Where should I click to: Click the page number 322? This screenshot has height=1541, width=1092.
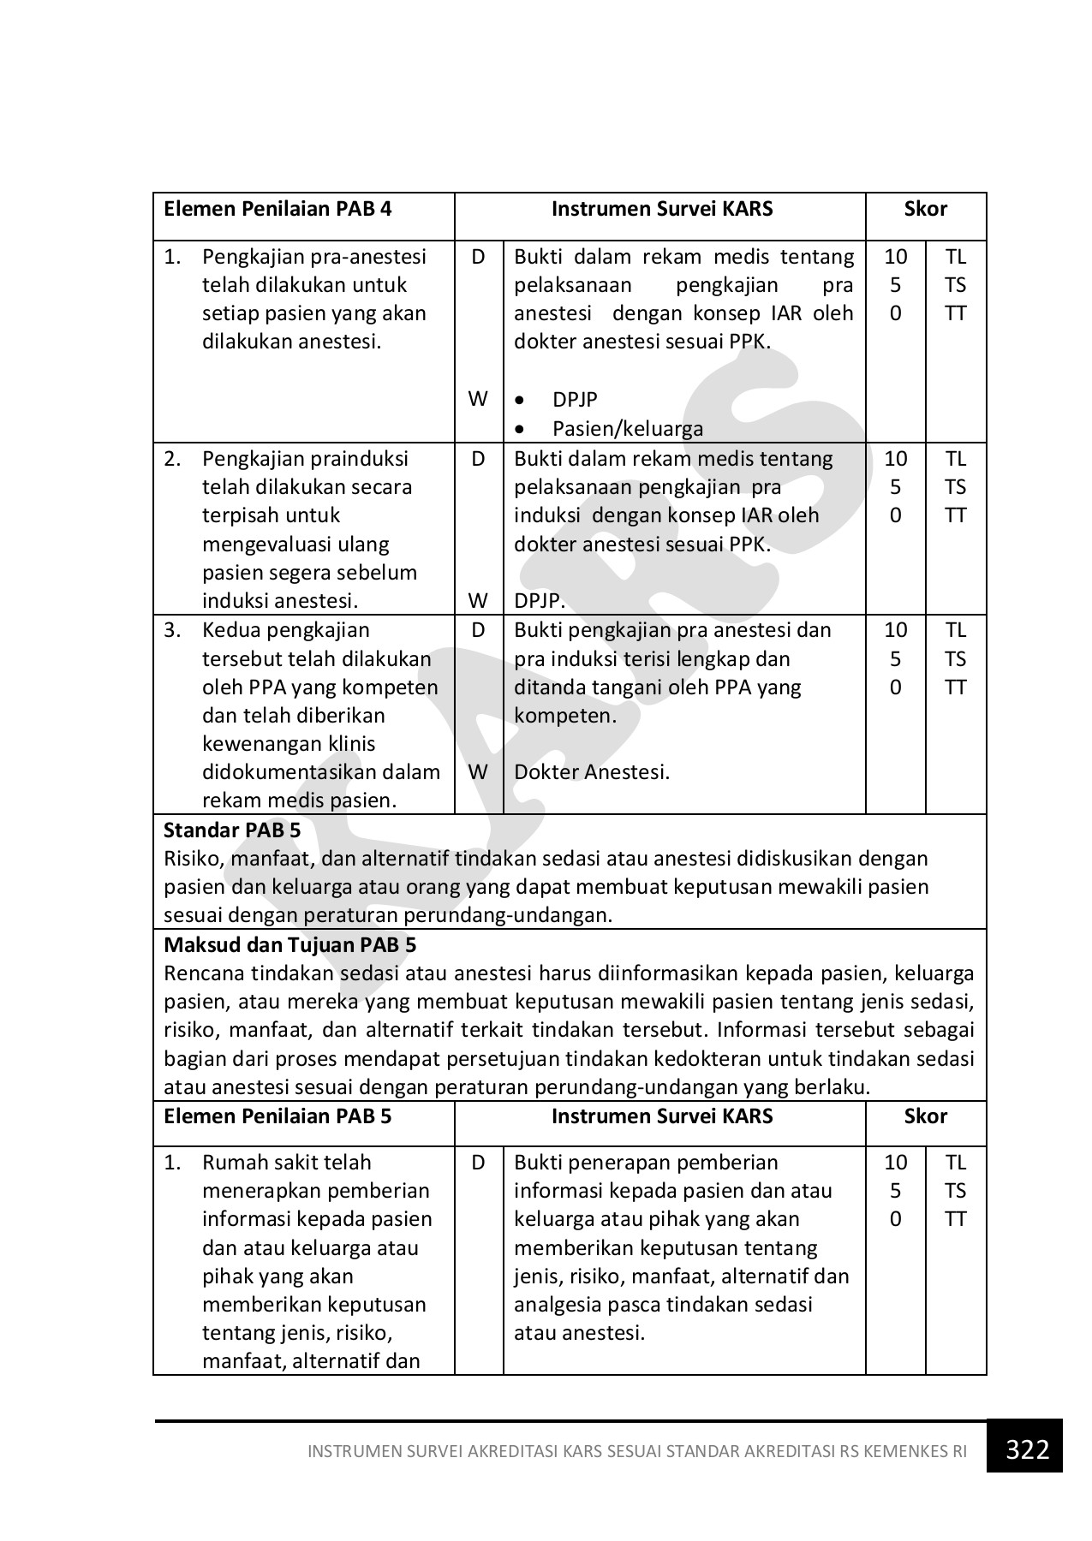(1027, 1449)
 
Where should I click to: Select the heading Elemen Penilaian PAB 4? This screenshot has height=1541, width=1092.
(277, 209)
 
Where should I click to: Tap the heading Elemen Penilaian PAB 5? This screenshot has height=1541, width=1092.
(277, 1116)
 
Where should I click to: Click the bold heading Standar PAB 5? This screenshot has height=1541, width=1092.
(232, 830)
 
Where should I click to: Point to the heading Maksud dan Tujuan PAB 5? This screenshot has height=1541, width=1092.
(289, 945)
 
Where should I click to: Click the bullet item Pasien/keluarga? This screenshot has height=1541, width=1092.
(627, 429)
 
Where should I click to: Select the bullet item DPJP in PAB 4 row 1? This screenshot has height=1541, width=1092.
(575, 400)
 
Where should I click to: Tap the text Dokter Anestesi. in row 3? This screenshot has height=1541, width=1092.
(592, 772)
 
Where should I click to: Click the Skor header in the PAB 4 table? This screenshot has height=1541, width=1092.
(926, 209)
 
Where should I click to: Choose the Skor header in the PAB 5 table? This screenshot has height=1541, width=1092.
(926, 1116)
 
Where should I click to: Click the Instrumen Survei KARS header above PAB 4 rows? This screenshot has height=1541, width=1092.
(661, 209)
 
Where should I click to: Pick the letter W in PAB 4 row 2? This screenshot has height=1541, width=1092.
(478, 601)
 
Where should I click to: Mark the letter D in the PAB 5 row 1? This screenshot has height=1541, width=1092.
(478, 1163)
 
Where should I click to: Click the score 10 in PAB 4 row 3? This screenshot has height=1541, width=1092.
(895, 631)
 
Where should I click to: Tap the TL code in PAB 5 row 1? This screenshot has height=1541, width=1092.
(956, 1163)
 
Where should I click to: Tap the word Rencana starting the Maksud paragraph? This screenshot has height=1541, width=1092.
(202, 974)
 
